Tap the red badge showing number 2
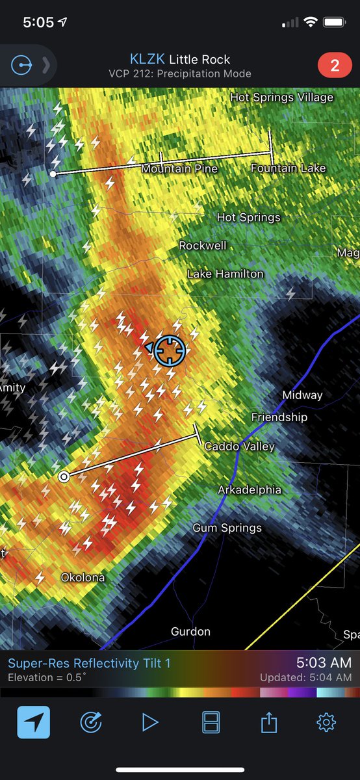point(335,66)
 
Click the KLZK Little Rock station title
point(179,59)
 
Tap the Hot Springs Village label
point(281,97)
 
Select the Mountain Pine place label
point(179,168)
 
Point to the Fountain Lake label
point(288,168)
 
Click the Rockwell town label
point(203,245)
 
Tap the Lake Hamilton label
point(225,274)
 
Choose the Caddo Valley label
point(239,447)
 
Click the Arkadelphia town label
point(250,489)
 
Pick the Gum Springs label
point(227,528)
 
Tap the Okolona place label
point(83,577)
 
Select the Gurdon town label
point(190,631)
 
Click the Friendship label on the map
point(279,417)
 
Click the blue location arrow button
point(33,722)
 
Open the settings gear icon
point(326,722)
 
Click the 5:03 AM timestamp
point(324,663)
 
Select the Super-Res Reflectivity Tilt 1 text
point(89,664)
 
